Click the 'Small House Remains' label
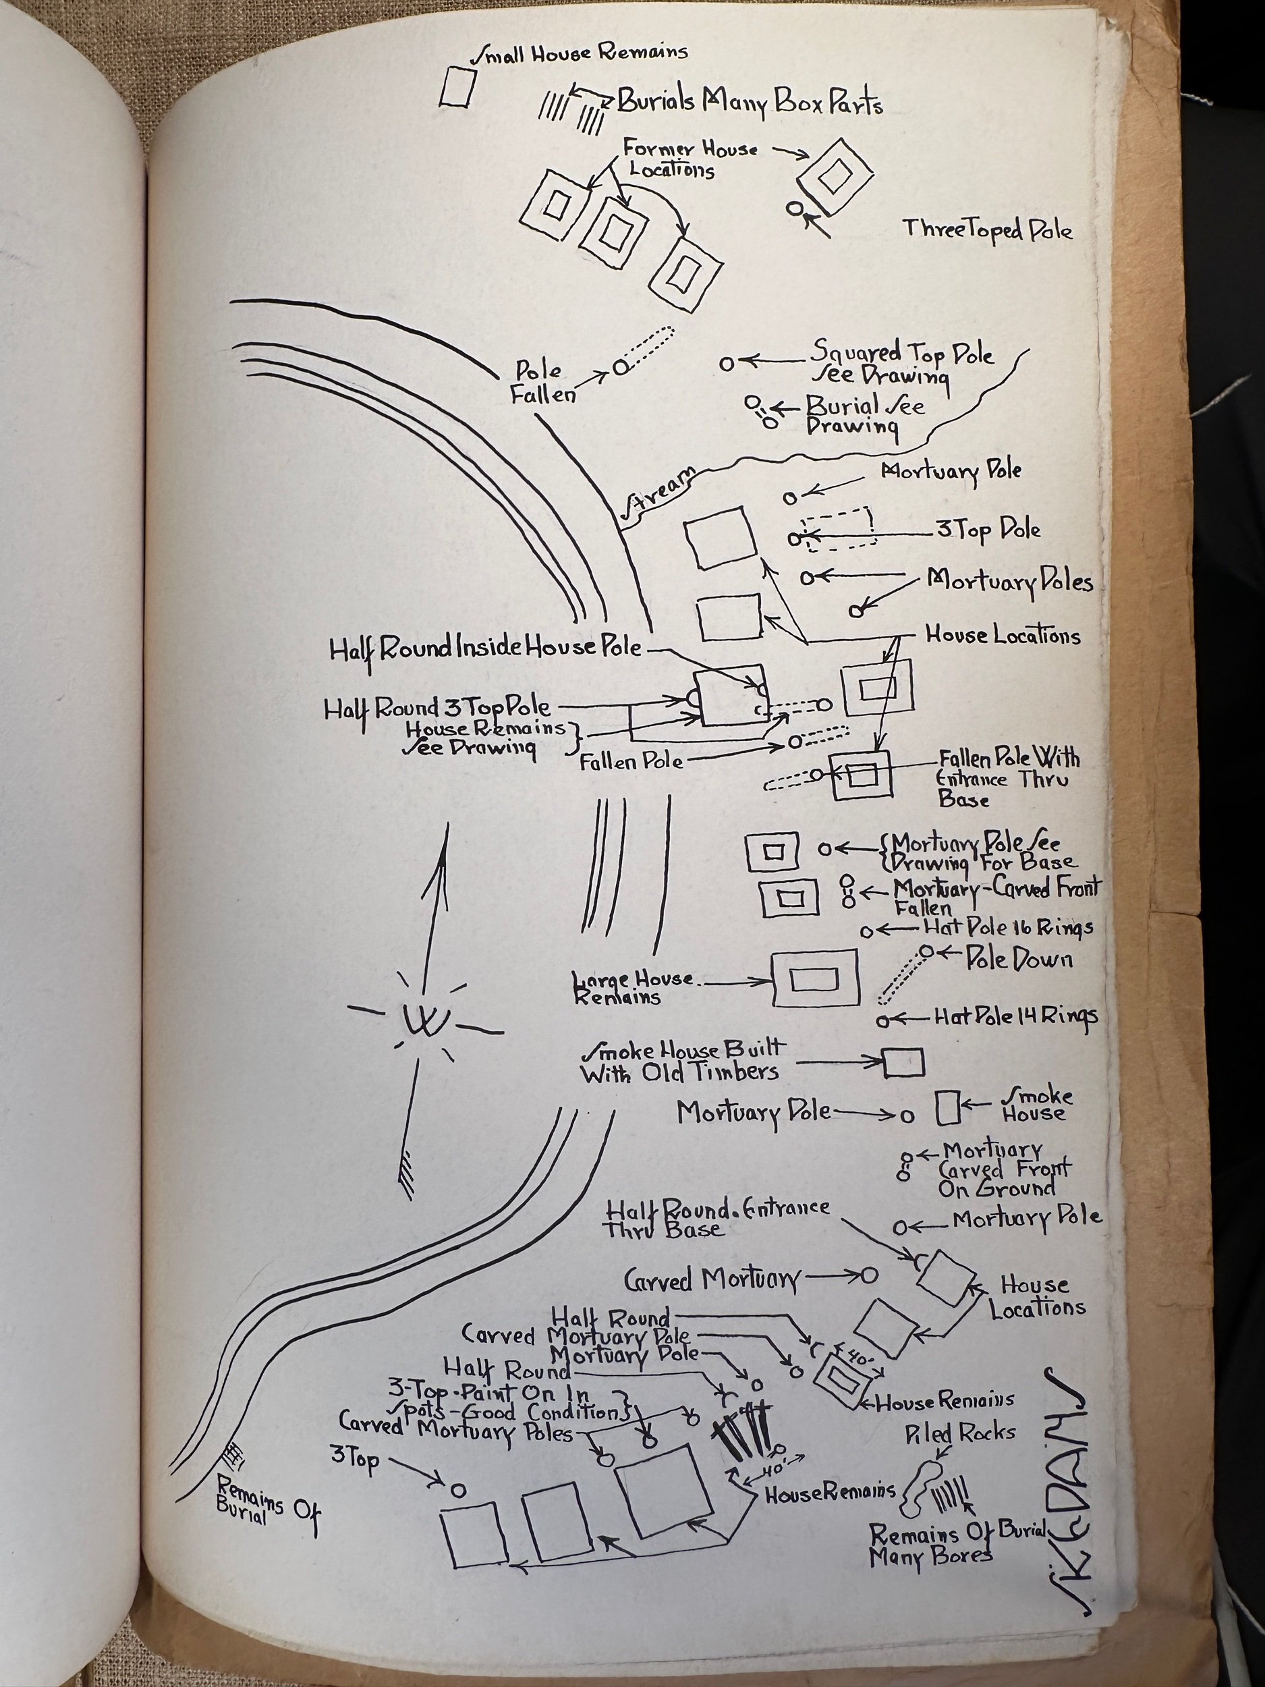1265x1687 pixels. coord(578,53)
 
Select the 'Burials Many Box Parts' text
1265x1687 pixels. coord(750,101)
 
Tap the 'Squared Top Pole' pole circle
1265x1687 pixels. coord(727,364)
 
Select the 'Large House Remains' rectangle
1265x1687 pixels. coord(815,978)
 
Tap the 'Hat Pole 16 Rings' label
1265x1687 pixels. coord(1008,927)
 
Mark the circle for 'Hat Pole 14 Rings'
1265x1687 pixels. coord(883,1020)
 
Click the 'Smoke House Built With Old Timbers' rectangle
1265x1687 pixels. coord(903,1061)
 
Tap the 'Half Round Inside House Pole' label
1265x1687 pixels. coord(485,648)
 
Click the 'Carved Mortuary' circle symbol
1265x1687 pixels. coord(868,1275)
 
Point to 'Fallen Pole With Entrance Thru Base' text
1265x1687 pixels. coord(1008,778)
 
